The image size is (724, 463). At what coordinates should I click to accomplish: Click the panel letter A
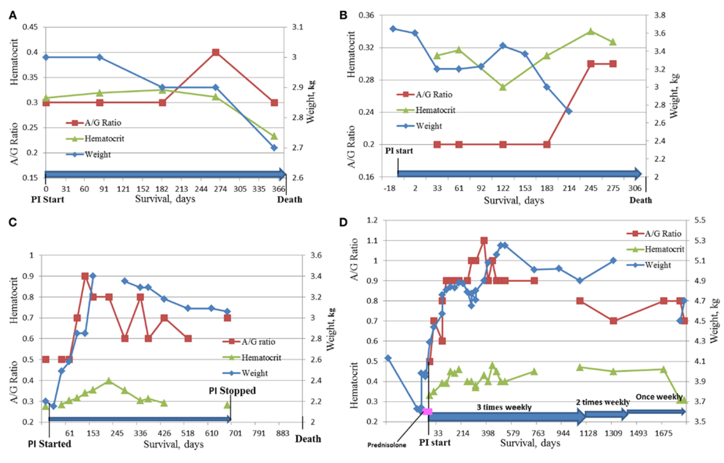tap(12, 15)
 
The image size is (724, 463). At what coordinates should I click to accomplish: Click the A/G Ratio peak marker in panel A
tap(215, 52)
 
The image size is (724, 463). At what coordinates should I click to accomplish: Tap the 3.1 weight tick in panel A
tap(298, 27)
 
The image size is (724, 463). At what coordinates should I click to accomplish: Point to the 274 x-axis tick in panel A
tap(220, 189)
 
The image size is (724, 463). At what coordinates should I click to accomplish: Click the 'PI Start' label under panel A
tap(47, 199)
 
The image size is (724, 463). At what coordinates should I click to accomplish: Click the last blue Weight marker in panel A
tap(274, 148)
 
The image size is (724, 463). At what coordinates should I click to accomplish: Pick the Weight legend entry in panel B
tap(428, 126)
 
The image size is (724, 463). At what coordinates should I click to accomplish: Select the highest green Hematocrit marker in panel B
tap(591, 31)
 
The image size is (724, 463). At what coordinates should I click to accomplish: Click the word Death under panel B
tap(640, 200)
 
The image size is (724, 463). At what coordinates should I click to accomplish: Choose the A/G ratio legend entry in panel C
tap(258, 342)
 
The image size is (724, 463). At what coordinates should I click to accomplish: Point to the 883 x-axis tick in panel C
tap(283, 433)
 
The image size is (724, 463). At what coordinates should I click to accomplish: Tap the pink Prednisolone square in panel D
tap(427, 412)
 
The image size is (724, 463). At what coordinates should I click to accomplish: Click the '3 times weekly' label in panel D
tap(504, 407)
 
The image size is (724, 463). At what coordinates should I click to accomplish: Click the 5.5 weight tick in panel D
tap(700, 220)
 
